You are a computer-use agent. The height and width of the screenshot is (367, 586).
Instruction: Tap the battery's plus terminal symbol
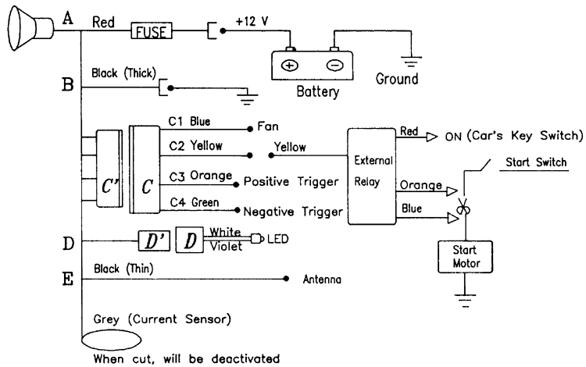289,65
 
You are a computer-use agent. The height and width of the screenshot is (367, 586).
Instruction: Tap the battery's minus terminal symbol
334,65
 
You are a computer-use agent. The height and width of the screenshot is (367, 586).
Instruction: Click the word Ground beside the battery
397,79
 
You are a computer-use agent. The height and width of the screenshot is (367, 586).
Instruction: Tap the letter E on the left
67,277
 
